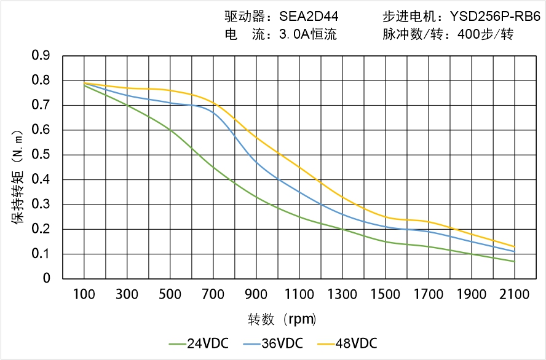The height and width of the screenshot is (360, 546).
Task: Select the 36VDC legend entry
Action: pos(274,343)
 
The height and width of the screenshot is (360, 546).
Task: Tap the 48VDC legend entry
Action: pos(348,343)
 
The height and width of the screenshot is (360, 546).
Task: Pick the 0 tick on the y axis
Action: pos(47,279)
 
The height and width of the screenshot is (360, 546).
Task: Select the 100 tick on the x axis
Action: pos(84,294)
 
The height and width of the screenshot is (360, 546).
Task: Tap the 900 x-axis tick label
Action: pos(256,294)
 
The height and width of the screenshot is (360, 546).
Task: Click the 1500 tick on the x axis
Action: pos(386,294)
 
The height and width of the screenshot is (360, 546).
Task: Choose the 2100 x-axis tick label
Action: pos(515,294)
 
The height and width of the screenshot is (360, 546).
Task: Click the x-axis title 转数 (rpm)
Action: pos(282,319)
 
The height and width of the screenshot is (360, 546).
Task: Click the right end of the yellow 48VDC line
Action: pos(515,247)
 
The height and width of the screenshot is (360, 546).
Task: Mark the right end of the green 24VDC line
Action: pos(515,262)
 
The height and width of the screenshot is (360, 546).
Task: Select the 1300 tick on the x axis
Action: pos(342,294)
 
